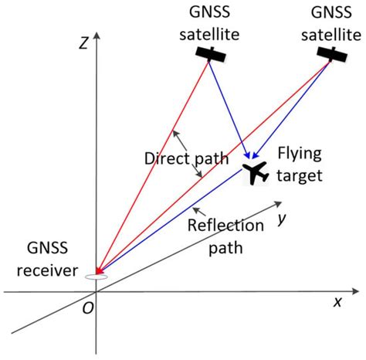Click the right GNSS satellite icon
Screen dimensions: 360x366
coord(333,53)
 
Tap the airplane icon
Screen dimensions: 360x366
coord(256,172)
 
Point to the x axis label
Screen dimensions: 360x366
coord(337,301)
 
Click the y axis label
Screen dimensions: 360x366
coord(283,219)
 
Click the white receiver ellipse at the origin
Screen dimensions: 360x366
coord(96,277)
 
